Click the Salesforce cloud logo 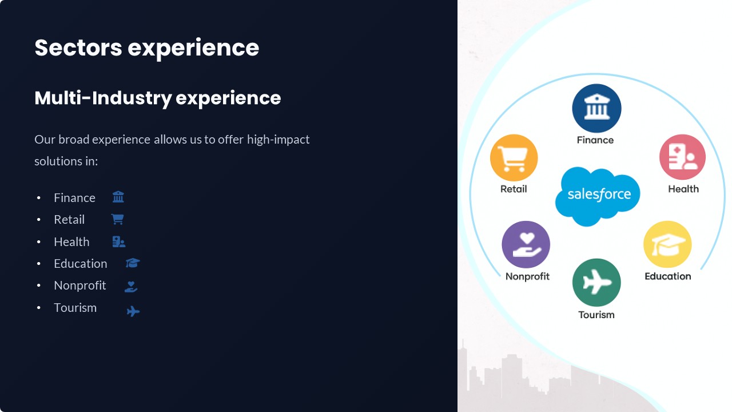(x=598, y=196)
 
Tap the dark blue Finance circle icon (x=596, y=108)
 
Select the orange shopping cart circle (x=514, y=157)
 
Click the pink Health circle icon (x=682, y=157)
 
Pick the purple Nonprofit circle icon (x=526, y=244)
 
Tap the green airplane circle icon (x=596, y=283)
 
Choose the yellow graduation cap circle (x=667, y=244)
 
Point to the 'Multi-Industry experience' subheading (x=157, y=98)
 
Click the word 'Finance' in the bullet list (x=74, y=198)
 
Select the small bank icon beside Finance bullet (x=118, y=197)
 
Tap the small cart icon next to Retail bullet (x=118, y=219)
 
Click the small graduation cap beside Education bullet (x=133, y=263)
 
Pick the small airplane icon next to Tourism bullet (x=133, y=311)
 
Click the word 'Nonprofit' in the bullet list (x=79, y=286)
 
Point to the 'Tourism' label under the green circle (x=596, y=315)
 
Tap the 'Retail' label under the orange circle (x=514, y=189)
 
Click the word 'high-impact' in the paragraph (x=278, y=140)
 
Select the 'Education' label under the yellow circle (x=667, y=276)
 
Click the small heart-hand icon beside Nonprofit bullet (x=131, y=287)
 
